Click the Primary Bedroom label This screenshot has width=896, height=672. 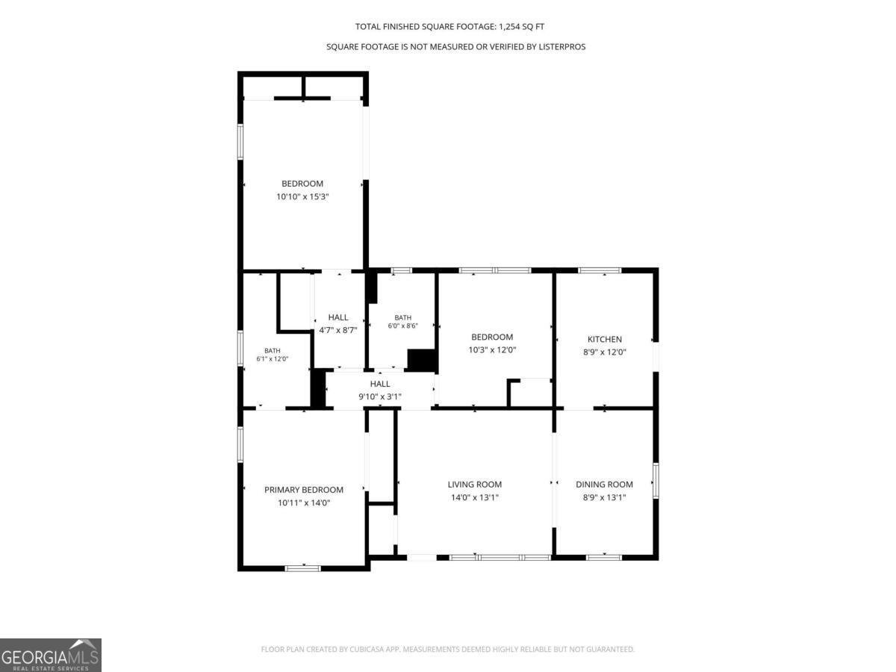[304, 490]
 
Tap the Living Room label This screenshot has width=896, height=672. [474, 485]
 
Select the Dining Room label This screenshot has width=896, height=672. [604, 485]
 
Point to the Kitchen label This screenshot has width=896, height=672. [605, 339]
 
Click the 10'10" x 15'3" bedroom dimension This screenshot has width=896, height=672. [302, 196]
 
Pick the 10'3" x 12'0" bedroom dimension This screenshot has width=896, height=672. [492, 349]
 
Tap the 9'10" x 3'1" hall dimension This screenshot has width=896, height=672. [380, 396]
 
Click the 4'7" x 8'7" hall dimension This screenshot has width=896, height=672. [338, 330]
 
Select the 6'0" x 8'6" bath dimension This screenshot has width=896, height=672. [403, 326]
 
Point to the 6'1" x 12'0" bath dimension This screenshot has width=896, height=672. [273, 359]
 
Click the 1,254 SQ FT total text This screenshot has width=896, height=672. [522, 27]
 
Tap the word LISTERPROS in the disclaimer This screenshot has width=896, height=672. [561, 47]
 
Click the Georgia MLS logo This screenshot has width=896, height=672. [51, 655]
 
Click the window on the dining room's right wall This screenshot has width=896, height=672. [656, 480]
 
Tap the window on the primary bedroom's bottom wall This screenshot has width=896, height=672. [302, 568]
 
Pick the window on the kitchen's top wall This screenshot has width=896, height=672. [600, 270]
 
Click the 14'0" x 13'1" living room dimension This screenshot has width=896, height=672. [475, 497]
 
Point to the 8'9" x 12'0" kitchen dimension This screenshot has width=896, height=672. [605, 352]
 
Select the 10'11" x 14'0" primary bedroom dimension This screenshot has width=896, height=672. [304, 503]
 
